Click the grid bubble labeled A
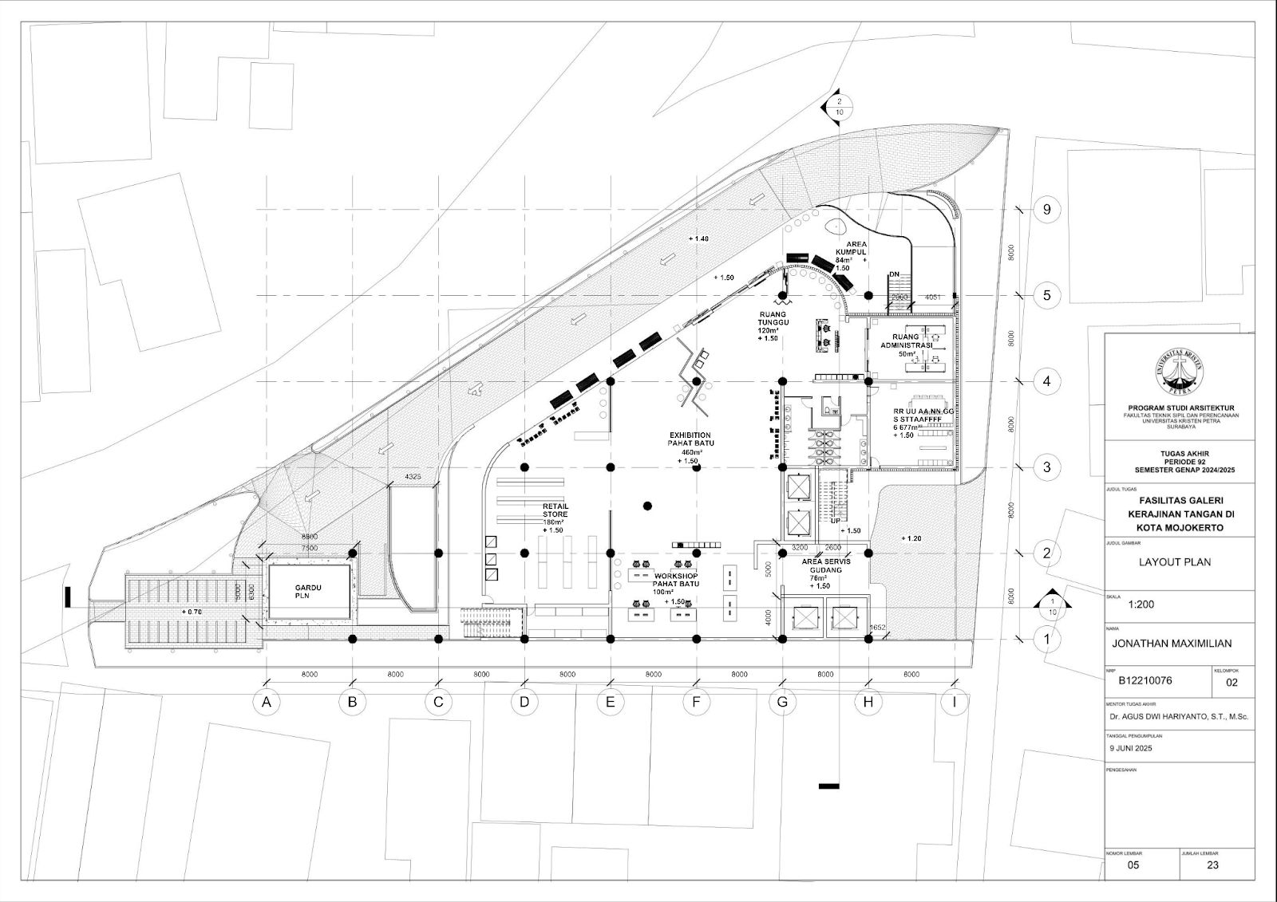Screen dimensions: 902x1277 coord(267,703)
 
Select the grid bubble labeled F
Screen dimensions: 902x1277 coord(696,703)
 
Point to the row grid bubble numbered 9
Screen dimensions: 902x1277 coord(1046,210)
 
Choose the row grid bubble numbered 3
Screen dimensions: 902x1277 coord(1046,467)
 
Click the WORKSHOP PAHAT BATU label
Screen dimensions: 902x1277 coord(676,580)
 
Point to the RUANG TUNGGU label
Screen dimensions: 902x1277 coord(773,326)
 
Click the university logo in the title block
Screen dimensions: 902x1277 coord(1179,373)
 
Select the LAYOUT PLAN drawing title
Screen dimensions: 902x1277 coord(1174,562)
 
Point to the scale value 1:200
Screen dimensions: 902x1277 coord(1141,605)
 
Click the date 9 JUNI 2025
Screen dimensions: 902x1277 coord(1137,750)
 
